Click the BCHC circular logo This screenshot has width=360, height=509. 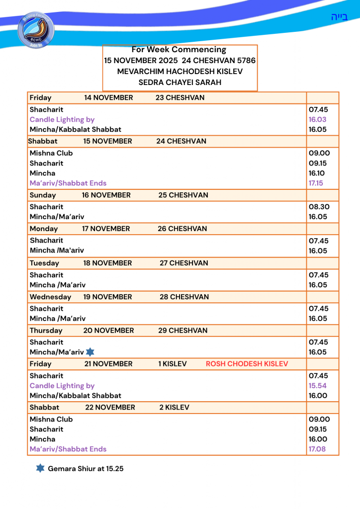(35, 31)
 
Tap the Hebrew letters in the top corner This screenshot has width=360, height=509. (339, 17)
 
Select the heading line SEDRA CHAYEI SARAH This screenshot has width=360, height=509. (180, 82)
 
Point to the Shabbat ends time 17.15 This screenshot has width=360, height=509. (316, 183)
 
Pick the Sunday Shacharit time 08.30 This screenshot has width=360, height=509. (319, 207)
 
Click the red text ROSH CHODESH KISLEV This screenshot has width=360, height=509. (247, 364)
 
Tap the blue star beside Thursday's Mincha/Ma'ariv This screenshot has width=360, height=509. (90, 352)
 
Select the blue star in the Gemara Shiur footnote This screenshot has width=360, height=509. (40, 468)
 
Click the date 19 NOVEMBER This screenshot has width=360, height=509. (107, 297)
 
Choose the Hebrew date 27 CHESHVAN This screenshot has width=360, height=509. (183, 263)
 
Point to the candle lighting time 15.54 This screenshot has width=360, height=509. (317, 386)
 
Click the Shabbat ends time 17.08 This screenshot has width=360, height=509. (317, 449)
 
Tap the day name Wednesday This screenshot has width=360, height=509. (50, 297)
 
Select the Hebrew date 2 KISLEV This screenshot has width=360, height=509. (174, 408)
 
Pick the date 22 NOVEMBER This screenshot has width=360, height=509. (110, 408)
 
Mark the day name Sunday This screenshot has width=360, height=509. (43, 195)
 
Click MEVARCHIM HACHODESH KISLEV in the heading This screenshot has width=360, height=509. (180, 71)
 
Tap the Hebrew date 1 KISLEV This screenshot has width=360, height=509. (172, 364)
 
